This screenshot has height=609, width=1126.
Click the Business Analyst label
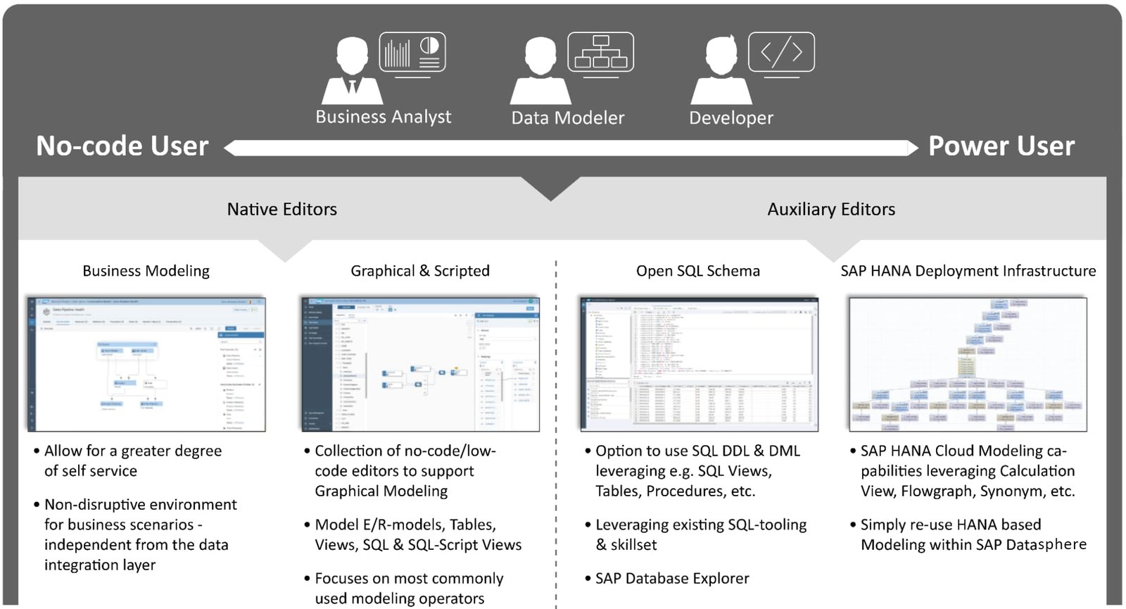[x=384, y=117]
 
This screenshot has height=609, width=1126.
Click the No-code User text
[x=122, y=146]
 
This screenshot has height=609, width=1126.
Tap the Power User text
[x=1001, y=146]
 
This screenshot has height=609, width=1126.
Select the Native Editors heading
[x=281, y=209]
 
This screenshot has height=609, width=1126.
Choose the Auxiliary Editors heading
[x=831, y=209]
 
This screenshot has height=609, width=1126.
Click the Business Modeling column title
[x=146, y=271]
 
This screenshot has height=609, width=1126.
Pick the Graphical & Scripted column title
[x=420, y=271]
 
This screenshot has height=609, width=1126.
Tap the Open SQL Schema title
[x=697, y=271]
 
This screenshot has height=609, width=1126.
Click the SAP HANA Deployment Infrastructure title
[x=968, y=271]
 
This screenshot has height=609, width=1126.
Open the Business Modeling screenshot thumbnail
[x=146, y=364]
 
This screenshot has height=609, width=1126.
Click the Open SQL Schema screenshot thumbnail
[x=698, y=364]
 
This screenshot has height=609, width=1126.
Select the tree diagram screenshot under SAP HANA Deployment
[x=968, y=364]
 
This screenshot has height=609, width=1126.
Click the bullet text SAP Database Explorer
[x=672, y=579]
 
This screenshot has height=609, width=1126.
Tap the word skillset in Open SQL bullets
[x=633, y=545]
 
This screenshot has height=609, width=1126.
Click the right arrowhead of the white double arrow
[x=912, y=148]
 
